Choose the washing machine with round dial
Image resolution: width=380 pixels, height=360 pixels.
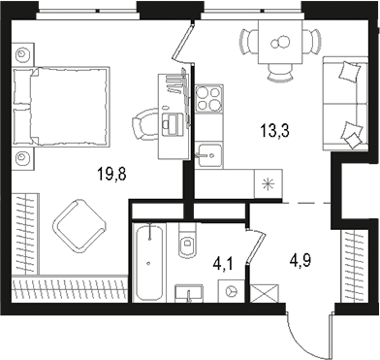click(230, 288)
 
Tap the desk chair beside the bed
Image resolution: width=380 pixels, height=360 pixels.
click(145, 121)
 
